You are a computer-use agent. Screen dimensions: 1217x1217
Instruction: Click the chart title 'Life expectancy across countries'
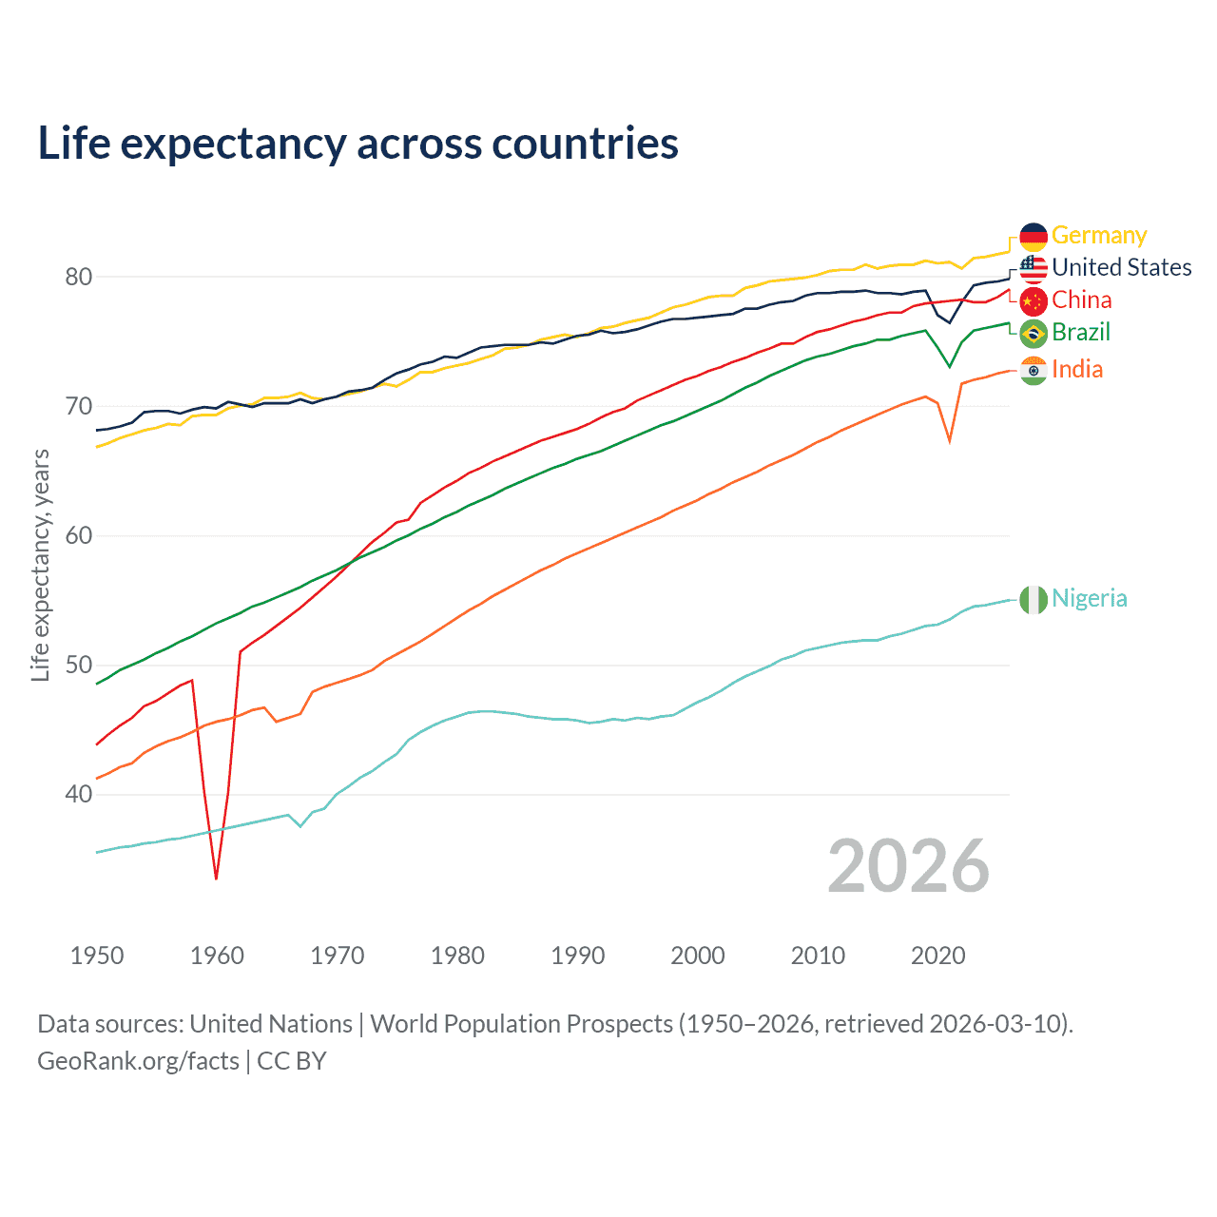(357, 144)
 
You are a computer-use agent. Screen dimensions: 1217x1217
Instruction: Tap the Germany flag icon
(1033, 237)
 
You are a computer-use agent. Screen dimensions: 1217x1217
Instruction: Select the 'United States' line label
(1121, 267)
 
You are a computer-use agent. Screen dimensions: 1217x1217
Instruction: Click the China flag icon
(1033, 301)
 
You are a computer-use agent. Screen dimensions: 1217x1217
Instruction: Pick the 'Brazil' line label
(1080, 332)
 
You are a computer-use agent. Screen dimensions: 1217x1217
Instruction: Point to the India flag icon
(1033, 371)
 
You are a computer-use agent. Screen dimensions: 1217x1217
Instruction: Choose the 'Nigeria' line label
(1089, 598)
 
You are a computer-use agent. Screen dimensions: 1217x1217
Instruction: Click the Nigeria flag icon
(1033, 600)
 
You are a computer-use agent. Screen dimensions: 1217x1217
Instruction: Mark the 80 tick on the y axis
(78, 277)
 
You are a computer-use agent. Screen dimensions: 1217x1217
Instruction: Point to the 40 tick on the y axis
(78, 794)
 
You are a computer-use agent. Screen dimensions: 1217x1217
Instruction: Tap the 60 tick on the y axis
(78, 535)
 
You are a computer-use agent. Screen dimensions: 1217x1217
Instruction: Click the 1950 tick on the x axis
(97, 956)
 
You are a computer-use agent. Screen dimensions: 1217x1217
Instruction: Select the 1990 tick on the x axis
(578, 956)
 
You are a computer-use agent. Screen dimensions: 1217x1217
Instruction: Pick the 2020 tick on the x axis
(938, 956)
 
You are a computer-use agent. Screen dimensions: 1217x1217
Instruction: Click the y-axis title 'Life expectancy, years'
(41, 566)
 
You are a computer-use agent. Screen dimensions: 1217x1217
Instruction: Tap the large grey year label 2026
(908, 866)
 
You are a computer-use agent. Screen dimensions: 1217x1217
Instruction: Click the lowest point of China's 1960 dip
(217, 879)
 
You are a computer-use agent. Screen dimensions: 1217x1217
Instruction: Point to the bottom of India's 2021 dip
(950, 441)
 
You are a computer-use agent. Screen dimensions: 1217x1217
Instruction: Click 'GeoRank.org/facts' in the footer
(138, 1060)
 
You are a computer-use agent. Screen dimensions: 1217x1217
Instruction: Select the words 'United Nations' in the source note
(271, 1024)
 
